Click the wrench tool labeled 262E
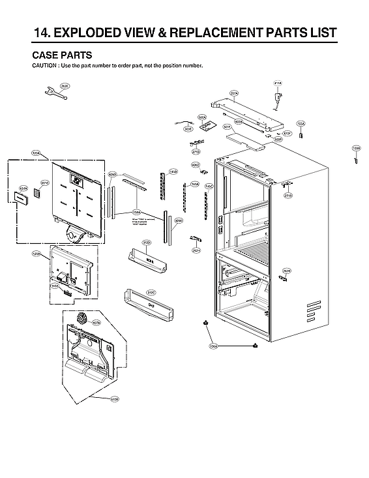[53, 93]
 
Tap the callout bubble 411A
[278, 83]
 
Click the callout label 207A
[233, 94]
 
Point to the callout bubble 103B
[356, 149]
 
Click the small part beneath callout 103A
[301, 135]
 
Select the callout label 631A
[23, 188]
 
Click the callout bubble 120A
[36, 153]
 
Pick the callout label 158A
[136, 212]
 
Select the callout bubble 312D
[147, 243]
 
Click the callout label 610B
[115, 398]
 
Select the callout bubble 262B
[286, 270]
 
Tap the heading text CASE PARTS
[62, 55]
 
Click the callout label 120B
[37, 253]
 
